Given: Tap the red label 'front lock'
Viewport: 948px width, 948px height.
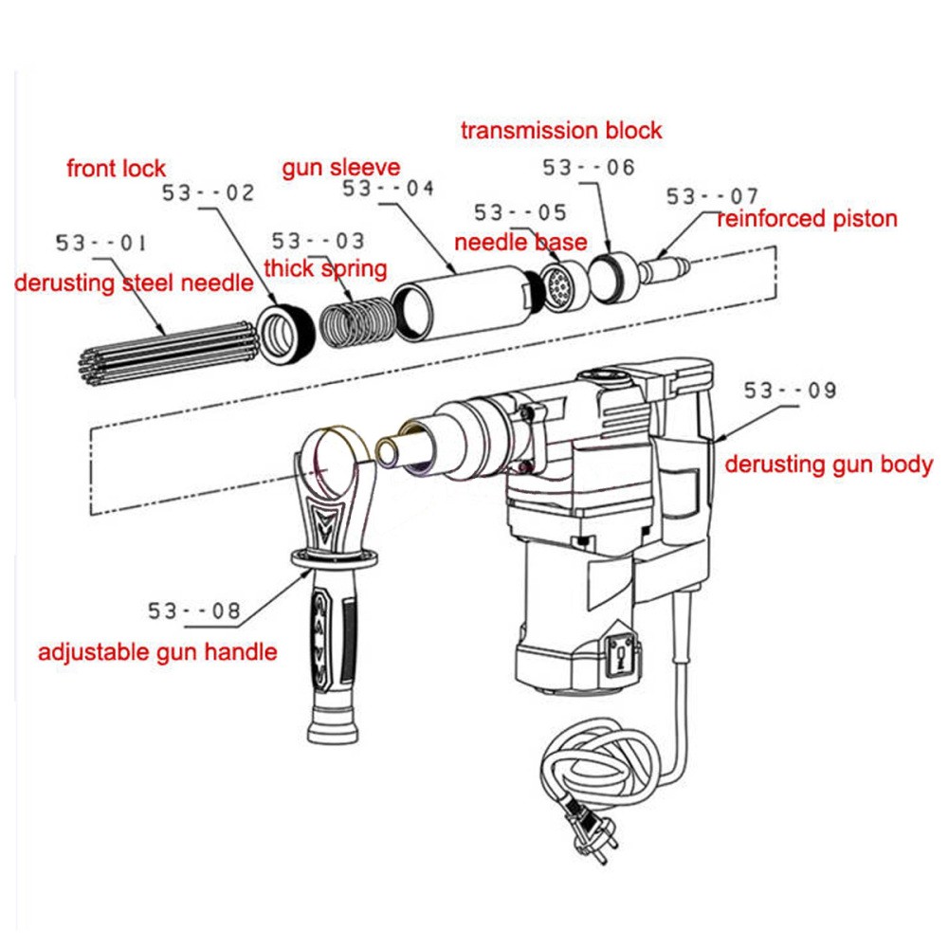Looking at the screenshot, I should (x=116, y=170).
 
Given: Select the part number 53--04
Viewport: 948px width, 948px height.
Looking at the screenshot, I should (x=388, y=189).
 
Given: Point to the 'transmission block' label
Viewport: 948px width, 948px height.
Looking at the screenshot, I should (x=561, y=130).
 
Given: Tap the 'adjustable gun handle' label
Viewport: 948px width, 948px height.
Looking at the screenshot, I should (x=157, y=652).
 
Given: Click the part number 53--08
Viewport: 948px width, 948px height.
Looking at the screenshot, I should (x=194, y=611).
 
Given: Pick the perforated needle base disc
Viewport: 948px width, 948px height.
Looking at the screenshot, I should (x=558, y=287).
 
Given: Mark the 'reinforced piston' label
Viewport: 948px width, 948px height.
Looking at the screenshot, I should (x=807, y=219).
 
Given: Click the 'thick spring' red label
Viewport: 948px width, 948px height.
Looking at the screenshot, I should (x=325, y=268).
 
